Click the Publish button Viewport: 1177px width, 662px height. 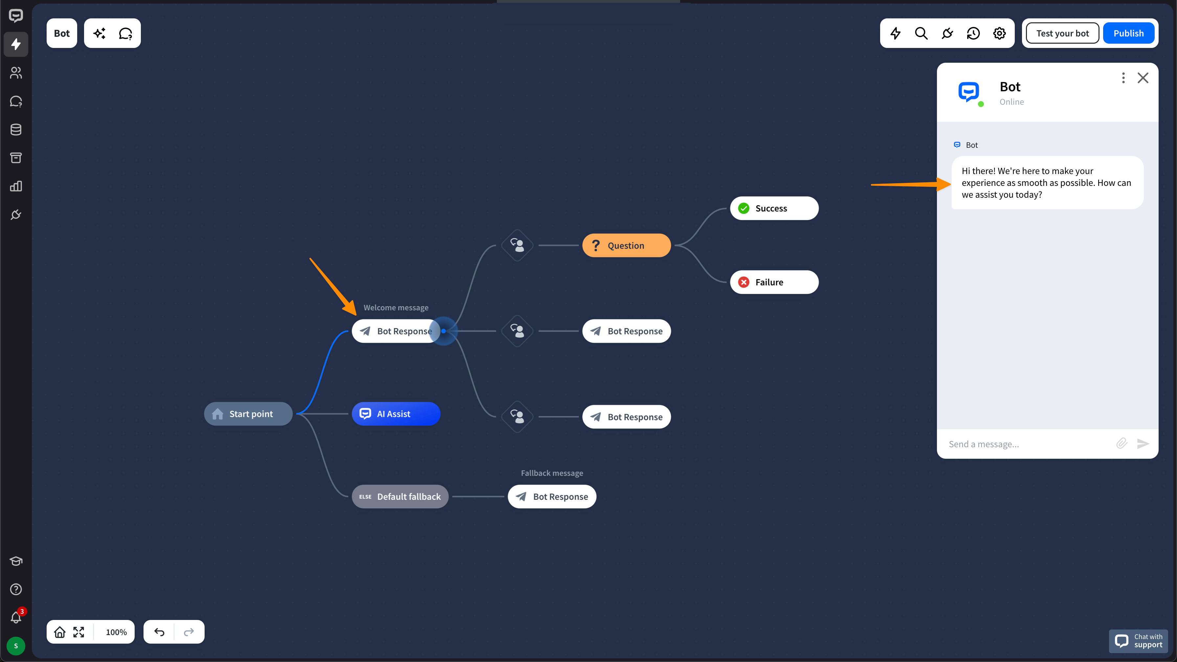pos(1128,33)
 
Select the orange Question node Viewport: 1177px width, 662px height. pos(626,245)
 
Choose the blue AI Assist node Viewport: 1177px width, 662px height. pos(395,414)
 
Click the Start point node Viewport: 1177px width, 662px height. pos(248,414)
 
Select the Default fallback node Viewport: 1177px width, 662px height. pos(400,496)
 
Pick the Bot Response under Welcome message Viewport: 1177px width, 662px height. pos(395,331)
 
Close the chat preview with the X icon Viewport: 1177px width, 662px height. pos(1143,78)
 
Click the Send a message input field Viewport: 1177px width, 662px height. pos(1028,444)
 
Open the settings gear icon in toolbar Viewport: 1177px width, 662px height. pos(999,33)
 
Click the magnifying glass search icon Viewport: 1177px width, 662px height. pos(921,33)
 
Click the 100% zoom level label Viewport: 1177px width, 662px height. pos(116,632)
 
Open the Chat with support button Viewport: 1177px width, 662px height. pos(1138,641)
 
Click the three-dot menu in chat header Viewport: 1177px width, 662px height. pos(1123,78)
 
